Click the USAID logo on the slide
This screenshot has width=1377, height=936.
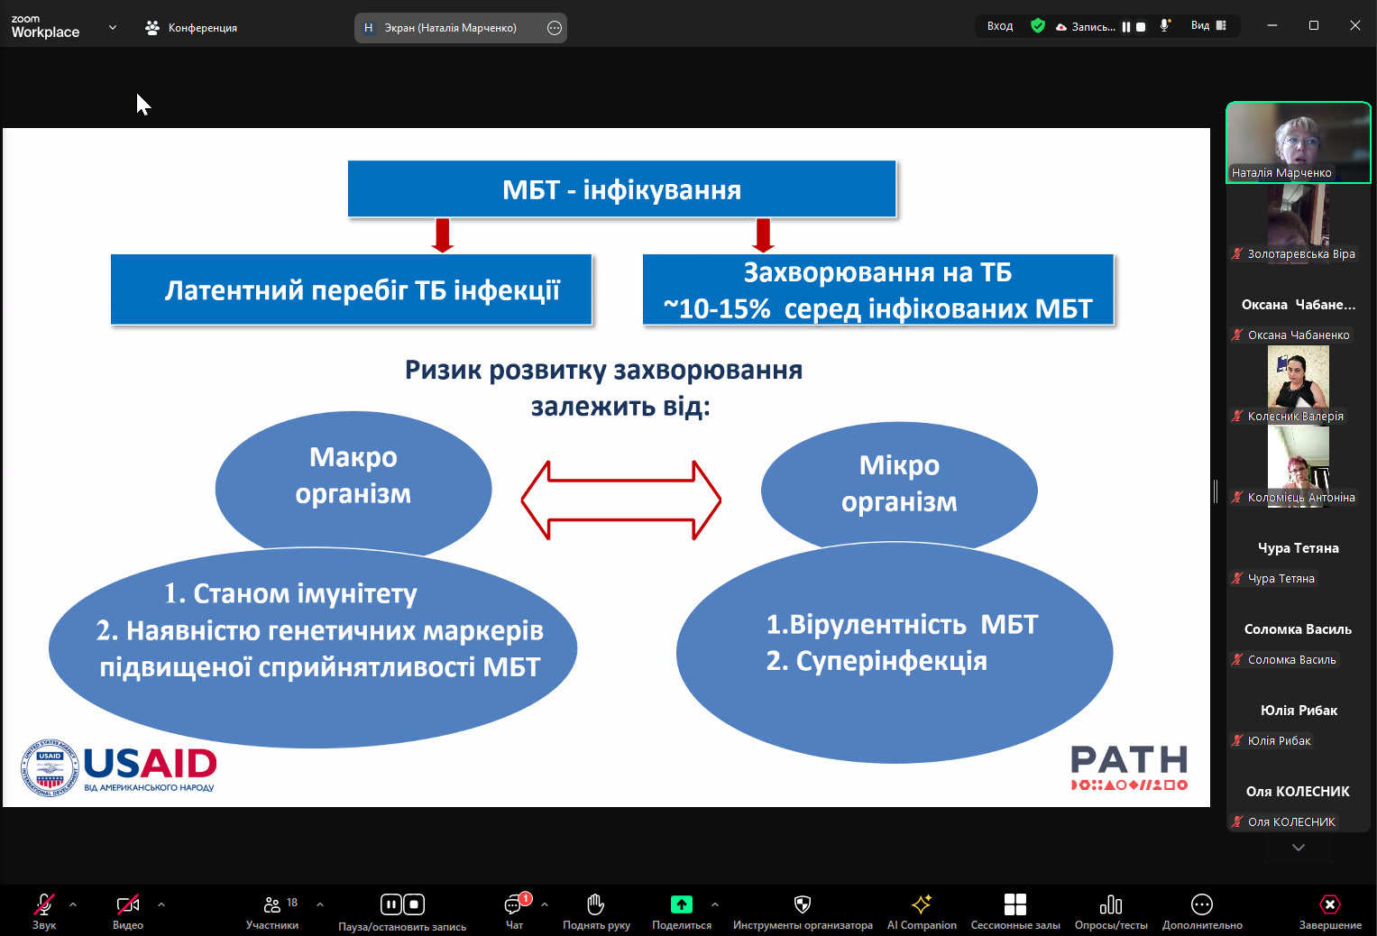pyautogui.click(x=119, y=769)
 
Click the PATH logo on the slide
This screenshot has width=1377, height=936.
pyautogui.click(x=1129, y=767)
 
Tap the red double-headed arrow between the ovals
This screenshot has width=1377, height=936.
pyautogui.click(x=621, y=500)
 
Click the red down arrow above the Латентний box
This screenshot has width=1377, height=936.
pyautogui.click(x=442, y=234)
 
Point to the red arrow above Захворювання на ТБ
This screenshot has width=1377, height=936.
pyautogui.click(x=763, y=234)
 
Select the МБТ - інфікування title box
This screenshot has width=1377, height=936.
pyautogui.click(x=621, y=189)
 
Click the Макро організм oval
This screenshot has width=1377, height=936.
pyautogui.click(x=353, y=478)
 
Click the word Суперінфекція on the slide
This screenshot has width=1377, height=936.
pyautogui.click(x=889, y=661)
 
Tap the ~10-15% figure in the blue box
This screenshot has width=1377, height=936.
pyautogui.click(x=717, y=309)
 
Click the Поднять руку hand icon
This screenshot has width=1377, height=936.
pyautogui.click(x=596, y=904)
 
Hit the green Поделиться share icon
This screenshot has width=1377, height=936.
pyautogui.click(x=682, y=904)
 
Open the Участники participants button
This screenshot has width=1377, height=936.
pyautogui.click(x=272, y=904)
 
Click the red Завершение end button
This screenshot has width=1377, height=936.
pyautogui.click(x=1330, y=904)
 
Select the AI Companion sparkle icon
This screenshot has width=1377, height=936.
pyautogui.click(x=922, y=904)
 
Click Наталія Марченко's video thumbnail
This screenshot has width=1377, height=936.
pyautogui.click(x=1298, y=142)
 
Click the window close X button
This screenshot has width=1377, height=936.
pyautogui.click(x=1354, y=25)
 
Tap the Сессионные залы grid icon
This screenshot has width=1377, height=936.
pyautogui.click(x=1015, y=904)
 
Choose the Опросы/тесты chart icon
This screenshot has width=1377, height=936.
pyautogui.click(x=1111, y=904)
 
